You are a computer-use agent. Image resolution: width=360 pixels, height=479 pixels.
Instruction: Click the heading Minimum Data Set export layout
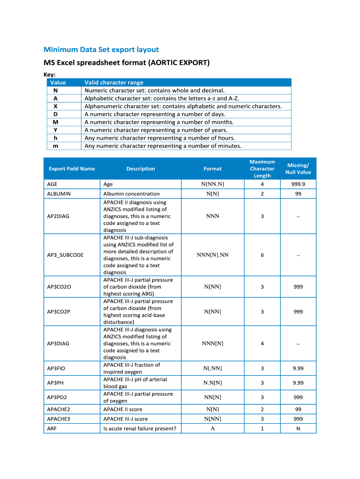(x=101, y=50)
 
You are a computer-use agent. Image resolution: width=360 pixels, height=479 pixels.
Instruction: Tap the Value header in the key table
(x=55, y=82)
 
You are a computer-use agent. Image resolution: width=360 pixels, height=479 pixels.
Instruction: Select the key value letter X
(x=56, y=106)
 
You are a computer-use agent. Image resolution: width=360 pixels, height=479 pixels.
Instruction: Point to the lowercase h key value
(x=56, y=138)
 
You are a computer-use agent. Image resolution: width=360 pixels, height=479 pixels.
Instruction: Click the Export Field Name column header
(x=71, y=169)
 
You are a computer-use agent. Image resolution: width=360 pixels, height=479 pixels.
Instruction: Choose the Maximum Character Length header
(x=262, y=168)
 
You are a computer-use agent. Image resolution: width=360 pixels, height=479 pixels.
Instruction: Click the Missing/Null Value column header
(x=298, y=169)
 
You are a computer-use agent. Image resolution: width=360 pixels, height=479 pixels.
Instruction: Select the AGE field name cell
(x=52, y=184)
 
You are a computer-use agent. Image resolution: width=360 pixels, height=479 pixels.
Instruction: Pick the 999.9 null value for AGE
(x=298, y=184)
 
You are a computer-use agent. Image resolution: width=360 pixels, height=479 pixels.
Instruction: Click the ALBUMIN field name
(x=59, y=194)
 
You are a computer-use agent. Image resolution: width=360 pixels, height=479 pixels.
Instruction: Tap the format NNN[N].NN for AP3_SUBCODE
(x=212, y=255)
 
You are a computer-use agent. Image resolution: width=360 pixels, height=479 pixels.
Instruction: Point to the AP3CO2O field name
(x=59, y=287)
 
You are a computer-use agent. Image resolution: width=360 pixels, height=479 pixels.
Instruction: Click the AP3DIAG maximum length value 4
(x=262, y=343)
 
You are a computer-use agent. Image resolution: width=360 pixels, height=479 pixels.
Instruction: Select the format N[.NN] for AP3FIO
(x=212, y=368)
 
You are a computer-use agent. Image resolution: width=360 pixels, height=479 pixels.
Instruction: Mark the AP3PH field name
(x=55, y=383)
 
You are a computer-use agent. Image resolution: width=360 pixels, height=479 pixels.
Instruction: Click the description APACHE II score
(x=122, y=409)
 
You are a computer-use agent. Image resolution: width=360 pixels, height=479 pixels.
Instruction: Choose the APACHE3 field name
(x=58, y=419)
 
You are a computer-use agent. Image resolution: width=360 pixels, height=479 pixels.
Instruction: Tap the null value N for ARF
(x=298, y=428)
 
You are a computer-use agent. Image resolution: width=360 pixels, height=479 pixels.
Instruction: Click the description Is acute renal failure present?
(x=139, y=428)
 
